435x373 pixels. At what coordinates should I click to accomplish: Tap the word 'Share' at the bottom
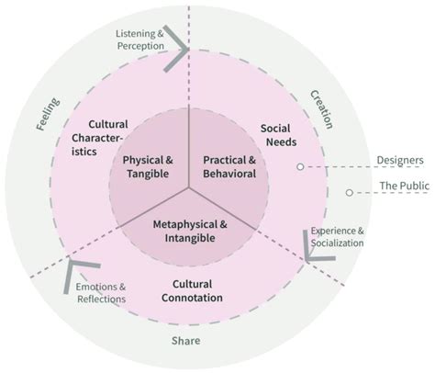[x=185, y=341]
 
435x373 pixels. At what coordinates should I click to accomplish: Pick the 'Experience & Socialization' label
[x=336, y=237]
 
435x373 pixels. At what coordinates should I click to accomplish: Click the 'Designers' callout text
[x=400, y=160]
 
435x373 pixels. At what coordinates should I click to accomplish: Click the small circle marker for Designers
[x=299, y=166]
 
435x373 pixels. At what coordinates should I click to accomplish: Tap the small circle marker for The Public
[x=349, y=193]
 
